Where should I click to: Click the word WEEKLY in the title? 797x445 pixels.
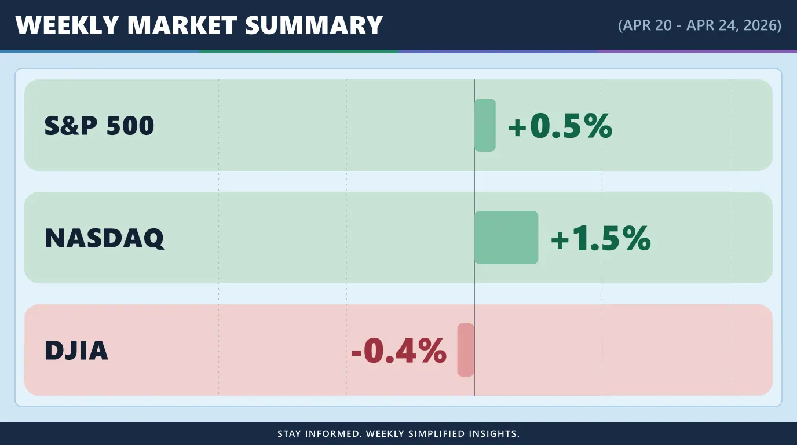(x=67, y=25)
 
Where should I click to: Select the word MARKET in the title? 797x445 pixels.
(x=182, y=25)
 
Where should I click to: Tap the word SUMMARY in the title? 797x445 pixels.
(x=314, y=25)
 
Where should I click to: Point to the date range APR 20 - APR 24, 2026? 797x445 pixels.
(x=700, y=25)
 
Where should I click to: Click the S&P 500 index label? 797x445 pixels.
(x=99, y=126)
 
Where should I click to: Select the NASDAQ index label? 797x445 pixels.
(x=105, y=238)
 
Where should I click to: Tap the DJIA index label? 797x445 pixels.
(x=76, y=351)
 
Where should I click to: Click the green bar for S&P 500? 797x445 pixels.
(x=485, y=125)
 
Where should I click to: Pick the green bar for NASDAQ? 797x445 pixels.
(x=506, y=238)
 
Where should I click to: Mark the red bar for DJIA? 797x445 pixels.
(x=466, y=350)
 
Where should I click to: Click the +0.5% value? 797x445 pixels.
(x=561, y=126)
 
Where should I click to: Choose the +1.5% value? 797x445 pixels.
(x=601, y=238)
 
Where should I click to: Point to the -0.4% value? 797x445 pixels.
(x=399, y=351)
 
